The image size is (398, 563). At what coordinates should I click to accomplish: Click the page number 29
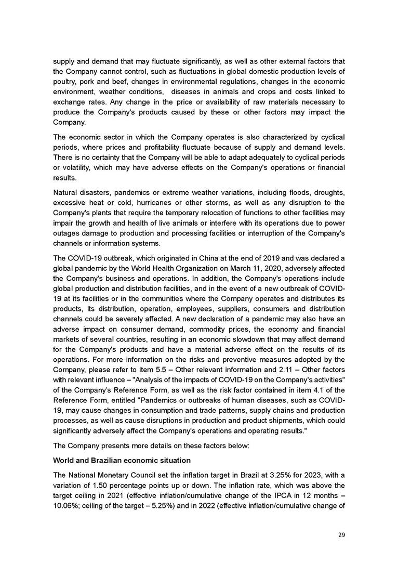click(x=341, y=534)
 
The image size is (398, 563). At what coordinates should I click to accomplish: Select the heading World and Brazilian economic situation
click(x=122, y=461)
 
